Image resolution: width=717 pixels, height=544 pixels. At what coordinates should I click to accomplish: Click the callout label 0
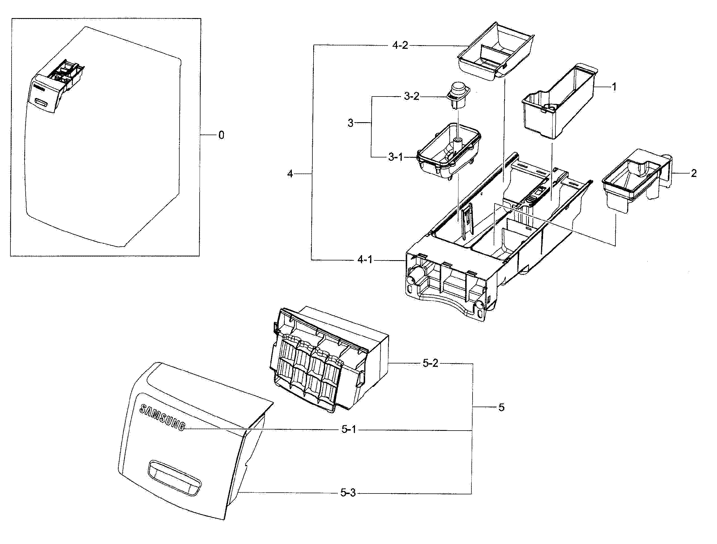221,135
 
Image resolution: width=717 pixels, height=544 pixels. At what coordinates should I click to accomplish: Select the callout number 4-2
400,45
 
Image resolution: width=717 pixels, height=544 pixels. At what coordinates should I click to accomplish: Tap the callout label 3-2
411,97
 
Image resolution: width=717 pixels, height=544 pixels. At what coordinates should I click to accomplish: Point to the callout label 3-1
396,157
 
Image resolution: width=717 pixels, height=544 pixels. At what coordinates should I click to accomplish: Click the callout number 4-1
365,260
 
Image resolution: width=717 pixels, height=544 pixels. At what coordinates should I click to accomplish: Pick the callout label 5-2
431,363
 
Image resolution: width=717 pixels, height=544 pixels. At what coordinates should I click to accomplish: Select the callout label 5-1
349,430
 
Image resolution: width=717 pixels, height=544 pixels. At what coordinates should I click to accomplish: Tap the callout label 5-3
348,493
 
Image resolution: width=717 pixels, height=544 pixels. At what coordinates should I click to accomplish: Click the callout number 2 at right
693,174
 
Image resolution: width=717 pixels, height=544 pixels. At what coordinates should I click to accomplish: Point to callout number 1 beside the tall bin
614,87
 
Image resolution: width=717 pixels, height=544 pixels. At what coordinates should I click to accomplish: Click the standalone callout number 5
501,407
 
